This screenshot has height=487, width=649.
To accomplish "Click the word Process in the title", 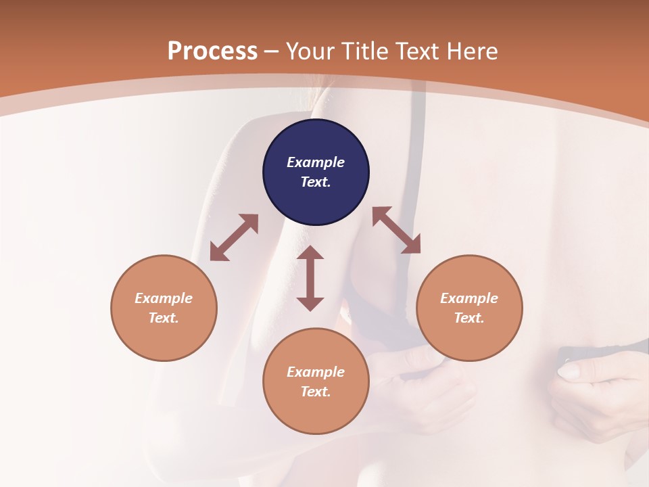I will tap(212, 51).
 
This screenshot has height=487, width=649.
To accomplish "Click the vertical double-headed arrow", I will tap(310, 278).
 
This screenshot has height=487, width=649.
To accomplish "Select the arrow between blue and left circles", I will tap(234, 237).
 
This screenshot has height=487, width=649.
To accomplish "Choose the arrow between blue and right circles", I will tap(396, 230).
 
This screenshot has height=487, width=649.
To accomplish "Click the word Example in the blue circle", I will tap(316, 162).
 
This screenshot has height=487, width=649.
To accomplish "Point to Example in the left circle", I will tap(164, 298).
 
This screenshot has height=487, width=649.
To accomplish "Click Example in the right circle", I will tap(469, 298).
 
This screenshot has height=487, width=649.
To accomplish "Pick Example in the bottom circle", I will tap(316, 372).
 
